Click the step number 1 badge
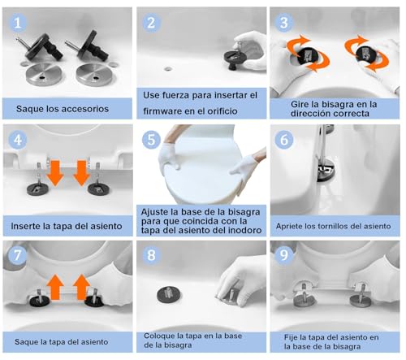[18, 23]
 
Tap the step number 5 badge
[151, 140]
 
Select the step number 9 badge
[284, 255]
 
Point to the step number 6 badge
[284, 140]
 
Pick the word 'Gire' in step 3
[299, 104]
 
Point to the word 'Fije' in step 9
[291, 337]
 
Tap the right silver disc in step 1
[93, 74]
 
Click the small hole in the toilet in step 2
[168, 68]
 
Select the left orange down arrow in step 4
[55, 173]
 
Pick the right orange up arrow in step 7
[82, 287]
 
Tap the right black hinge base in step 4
[97, 189]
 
